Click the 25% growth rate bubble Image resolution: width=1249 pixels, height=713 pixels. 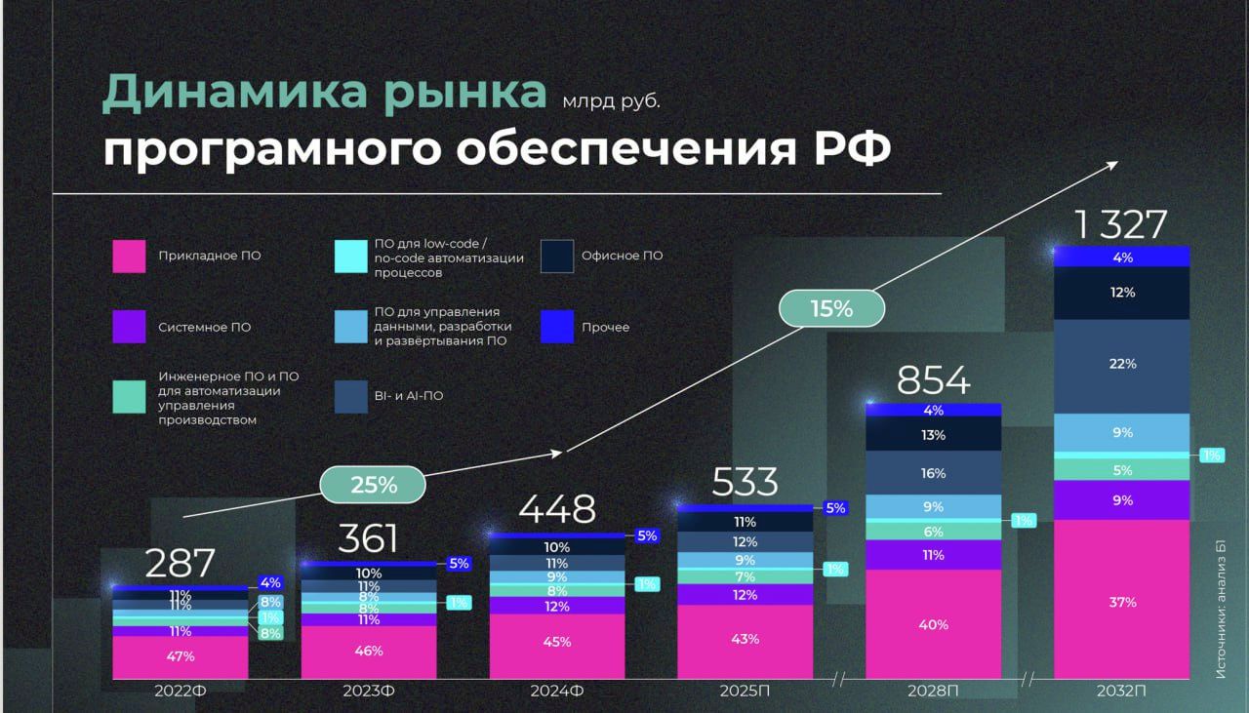click(x=374, y=485)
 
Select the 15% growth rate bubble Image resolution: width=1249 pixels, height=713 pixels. click(x=831, y=309)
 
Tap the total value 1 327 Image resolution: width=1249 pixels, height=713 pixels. click(x=1120, y=225)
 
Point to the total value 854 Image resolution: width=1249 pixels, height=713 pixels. click(x=933, y=380)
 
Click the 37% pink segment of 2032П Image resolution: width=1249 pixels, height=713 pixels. click(x=1122, y=602)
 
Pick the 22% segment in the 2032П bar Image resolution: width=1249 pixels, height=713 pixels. click(x=1122, y=364)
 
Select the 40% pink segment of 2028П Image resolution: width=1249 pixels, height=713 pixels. click(x=933, y=624)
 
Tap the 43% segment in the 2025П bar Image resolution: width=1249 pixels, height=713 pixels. click(x=745, y=640)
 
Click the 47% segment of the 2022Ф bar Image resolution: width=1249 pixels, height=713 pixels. click(x=180, y=656)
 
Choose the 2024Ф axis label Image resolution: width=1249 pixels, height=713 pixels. click(x=557, y=691)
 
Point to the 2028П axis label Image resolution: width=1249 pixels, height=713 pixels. click(x=933, y=691)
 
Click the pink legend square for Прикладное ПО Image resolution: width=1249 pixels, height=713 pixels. click(x=129, y=256)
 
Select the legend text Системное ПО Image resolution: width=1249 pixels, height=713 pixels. click(x=204, y=328)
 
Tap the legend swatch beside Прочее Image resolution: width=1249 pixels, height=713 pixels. click(x=557, y=327)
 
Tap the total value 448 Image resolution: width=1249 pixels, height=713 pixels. click(x=556, y=509)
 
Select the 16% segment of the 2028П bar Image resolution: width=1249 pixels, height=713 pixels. click(x=933, y=473)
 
